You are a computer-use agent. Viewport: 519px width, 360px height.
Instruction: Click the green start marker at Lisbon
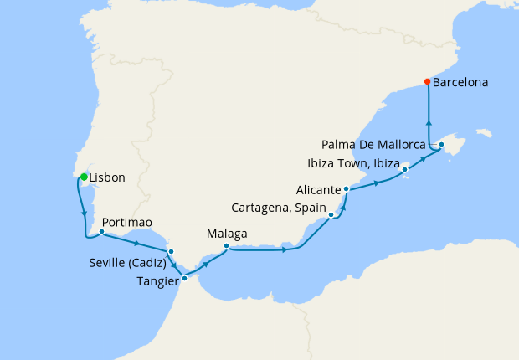click(84, 176)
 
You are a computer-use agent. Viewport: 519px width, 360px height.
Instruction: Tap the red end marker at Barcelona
click(428, 82)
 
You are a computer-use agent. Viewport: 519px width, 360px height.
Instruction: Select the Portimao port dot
click(101, 232)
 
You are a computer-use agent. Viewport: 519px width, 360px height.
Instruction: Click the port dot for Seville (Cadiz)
click(171, 251)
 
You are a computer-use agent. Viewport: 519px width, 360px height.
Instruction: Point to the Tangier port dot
click(184, 278)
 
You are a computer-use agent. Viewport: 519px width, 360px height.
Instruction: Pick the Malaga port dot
click(227, 246)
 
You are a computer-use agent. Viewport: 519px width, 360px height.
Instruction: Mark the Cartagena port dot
click(332, 215)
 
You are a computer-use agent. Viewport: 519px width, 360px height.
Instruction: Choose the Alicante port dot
click(346, 190)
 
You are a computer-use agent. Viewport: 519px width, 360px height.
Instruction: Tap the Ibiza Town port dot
click(405, 170)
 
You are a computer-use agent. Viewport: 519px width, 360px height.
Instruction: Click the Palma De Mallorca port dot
click(441, 145)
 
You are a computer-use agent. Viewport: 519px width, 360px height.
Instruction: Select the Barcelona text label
click(460, 83)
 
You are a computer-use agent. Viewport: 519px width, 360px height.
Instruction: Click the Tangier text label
click(157, 281)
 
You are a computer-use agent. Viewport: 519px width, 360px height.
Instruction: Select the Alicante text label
click(318, 190)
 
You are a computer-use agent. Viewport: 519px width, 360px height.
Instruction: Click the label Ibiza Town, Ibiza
click(352, 162)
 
